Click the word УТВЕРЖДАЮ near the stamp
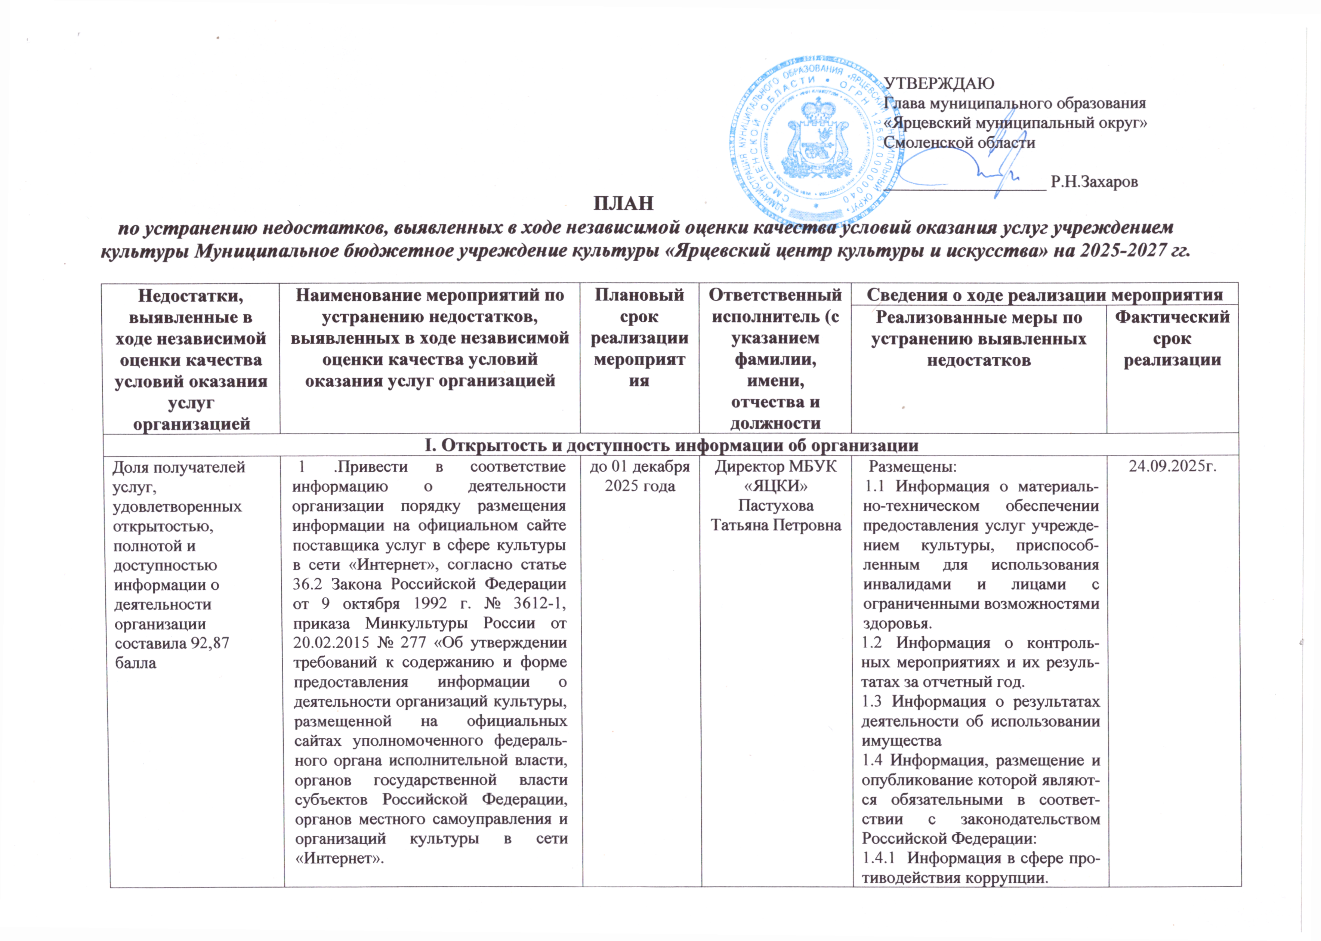(x=939, y=83)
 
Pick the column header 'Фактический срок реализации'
(x=1172, y=338)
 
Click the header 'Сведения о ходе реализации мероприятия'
(x=1044, y=294)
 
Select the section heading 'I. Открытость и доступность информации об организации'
(x=671, y=445)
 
